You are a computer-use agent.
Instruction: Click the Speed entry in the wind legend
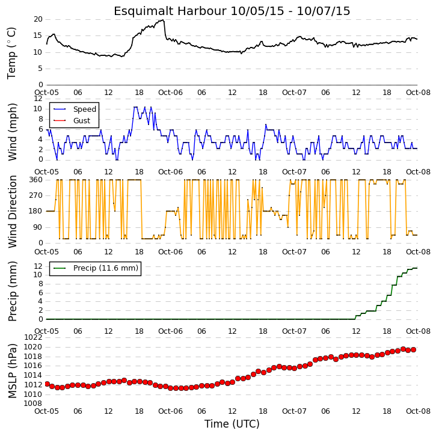[85, 109]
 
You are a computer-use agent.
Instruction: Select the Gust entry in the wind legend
[82, 121]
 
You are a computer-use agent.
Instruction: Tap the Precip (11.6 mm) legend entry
[106, 268]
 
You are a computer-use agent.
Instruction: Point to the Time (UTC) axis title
[232, 424]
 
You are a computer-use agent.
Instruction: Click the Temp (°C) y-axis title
[11, 53]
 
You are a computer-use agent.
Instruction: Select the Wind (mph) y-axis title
[12, 132]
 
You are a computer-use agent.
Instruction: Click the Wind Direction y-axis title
[12, 211]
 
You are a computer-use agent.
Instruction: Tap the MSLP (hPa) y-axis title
[12, 371]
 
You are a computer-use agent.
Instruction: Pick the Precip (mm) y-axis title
[12, 292]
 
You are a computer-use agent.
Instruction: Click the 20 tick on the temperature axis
[38, 19]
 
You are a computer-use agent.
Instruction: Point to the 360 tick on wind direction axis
[36, 180]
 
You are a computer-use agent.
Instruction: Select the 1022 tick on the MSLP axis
[33, 337]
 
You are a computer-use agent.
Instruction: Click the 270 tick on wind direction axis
[36, 195]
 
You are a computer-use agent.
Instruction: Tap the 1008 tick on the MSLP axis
[33, 404]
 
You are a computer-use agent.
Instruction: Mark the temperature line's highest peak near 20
[163, 20]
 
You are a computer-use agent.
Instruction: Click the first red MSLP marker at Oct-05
[47, 384]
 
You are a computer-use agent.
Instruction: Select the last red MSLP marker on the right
[414, 349]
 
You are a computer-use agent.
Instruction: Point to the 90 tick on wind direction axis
[38, 227]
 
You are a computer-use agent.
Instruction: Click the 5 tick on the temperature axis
[40, 69]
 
